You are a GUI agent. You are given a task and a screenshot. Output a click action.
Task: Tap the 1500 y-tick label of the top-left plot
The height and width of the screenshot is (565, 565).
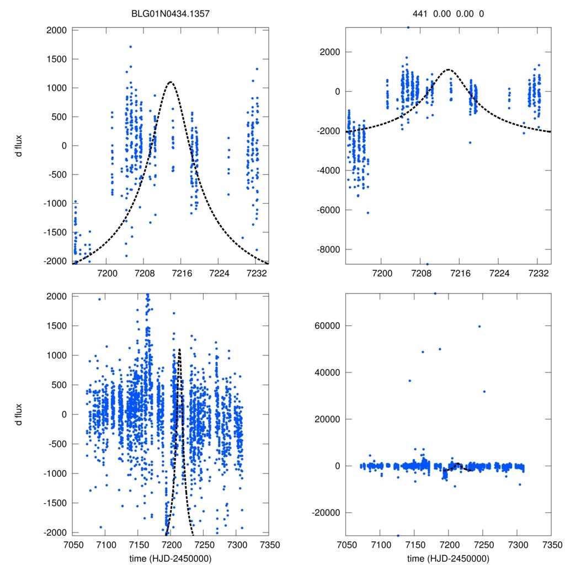(x=54, y=59)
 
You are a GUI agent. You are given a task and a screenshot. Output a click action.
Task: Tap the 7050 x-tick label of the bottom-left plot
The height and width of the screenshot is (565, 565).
(x=72, y=543)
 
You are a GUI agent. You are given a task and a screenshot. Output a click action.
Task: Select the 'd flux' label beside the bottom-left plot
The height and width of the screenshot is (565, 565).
(x=19, y=414)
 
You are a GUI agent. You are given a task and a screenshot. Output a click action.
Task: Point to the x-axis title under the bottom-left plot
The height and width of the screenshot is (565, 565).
(x=170, y=558)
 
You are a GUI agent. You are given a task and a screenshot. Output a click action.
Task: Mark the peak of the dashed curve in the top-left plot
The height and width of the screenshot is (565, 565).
(x=170, y=82)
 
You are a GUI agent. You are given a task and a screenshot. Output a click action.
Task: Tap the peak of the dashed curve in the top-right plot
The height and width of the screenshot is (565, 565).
(x=448, y=70)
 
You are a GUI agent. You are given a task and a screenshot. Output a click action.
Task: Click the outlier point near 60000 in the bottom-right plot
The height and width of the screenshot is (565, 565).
(x=479, y=326)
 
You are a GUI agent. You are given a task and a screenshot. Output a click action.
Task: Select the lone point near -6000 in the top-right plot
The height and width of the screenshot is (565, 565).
(x=367, y=212)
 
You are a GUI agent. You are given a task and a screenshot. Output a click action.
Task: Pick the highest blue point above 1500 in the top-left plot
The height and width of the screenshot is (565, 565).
(x=130, y=47)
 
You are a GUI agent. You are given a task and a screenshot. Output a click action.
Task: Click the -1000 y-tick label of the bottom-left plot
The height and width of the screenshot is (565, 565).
(x=54, y=473)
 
